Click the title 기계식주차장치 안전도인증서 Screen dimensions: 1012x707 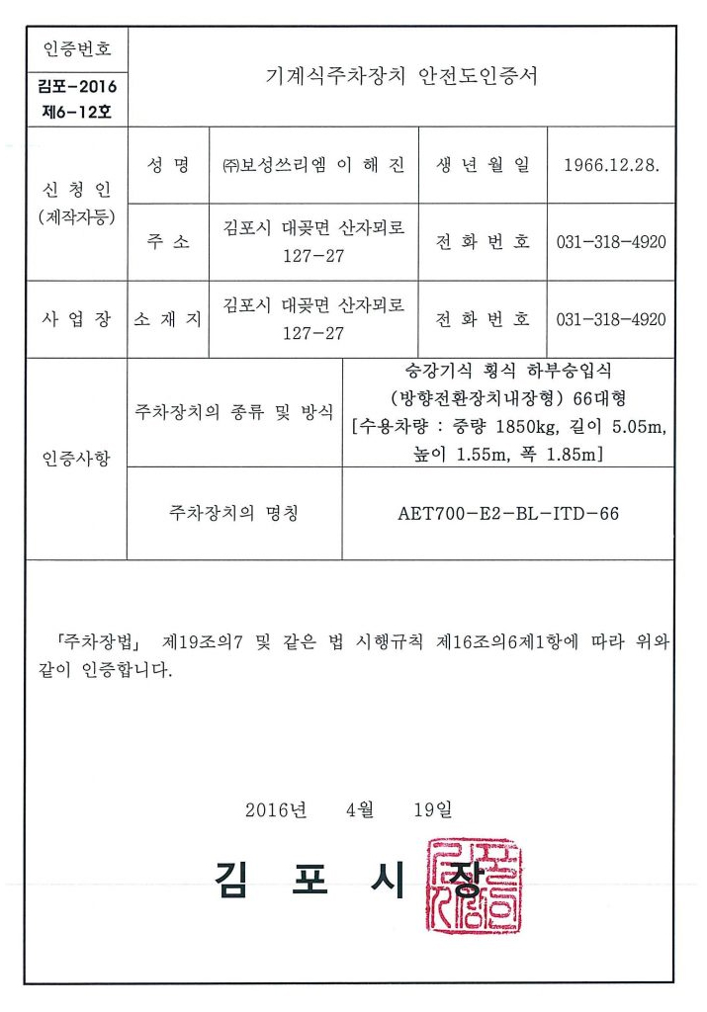pos(402,76)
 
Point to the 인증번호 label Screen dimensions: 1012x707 pos(78,48)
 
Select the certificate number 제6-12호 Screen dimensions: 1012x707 pos(78,111)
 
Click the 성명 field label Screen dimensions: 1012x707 pos(168,165)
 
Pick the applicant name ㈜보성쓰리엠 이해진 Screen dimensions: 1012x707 pos(313,165)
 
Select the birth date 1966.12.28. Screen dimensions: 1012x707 pos(611,165)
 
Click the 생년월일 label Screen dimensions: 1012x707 pos(483,165)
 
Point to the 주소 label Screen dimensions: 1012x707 pos(168,242)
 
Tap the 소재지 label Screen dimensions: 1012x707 pos(168,319)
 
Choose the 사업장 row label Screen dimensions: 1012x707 pos(77,319)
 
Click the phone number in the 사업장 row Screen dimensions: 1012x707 pos(611,319)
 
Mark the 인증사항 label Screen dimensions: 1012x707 pos(77,459)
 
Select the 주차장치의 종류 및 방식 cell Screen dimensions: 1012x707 pos(234,412)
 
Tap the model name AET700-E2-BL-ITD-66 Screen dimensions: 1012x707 pos(508,514)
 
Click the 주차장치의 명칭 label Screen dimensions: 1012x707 pos(234,514)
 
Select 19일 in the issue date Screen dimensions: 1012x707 pos(433,810)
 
